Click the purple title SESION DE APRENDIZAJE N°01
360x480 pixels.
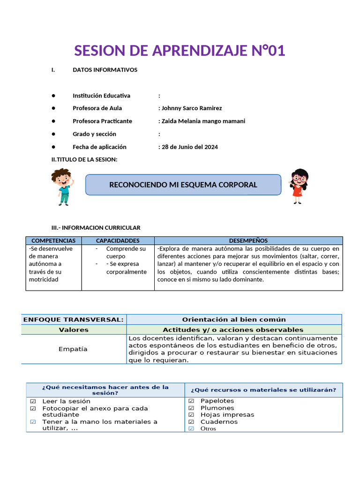180,50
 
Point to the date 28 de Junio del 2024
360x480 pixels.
189,147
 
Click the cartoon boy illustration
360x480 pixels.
61,187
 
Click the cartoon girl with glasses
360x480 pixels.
298,186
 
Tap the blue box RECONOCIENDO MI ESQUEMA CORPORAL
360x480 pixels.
183,185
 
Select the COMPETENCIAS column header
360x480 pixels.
53,240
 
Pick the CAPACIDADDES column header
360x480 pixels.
118,240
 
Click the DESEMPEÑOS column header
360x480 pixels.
248,240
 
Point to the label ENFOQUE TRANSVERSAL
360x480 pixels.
74,320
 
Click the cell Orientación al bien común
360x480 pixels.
234,320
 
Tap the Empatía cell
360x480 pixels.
73,349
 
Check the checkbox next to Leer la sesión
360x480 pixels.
33,401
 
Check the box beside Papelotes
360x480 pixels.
191,401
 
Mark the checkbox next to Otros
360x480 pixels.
191,428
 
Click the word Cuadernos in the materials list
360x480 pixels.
219,421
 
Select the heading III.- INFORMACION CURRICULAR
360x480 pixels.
96,228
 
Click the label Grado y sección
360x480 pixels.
94,134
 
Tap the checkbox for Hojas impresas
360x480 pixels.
191,414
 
